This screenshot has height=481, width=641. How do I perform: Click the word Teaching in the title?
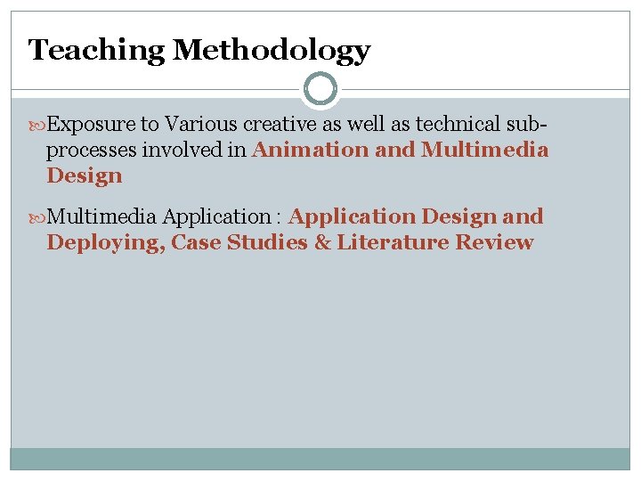pyautogui.click(x=97, y=50)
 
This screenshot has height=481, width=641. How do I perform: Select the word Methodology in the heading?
pyautogui.click(x=272, y=50)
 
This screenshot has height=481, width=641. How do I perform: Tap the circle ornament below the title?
pyautogui.click(x=320, y=89)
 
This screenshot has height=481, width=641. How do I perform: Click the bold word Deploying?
pyautogui.click(x=104, y=242)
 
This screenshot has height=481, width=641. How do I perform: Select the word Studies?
pyautogui.click(x=264, y=242)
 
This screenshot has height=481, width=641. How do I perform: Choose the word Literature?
pyautogui.click(x=392, y=242)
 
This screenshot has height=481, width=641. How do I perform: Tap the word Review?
pyautogui.click(x=494, y=242)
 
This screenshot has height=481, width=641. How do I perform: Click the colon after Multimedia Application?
pyautogui.click(x=278, y=217)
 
